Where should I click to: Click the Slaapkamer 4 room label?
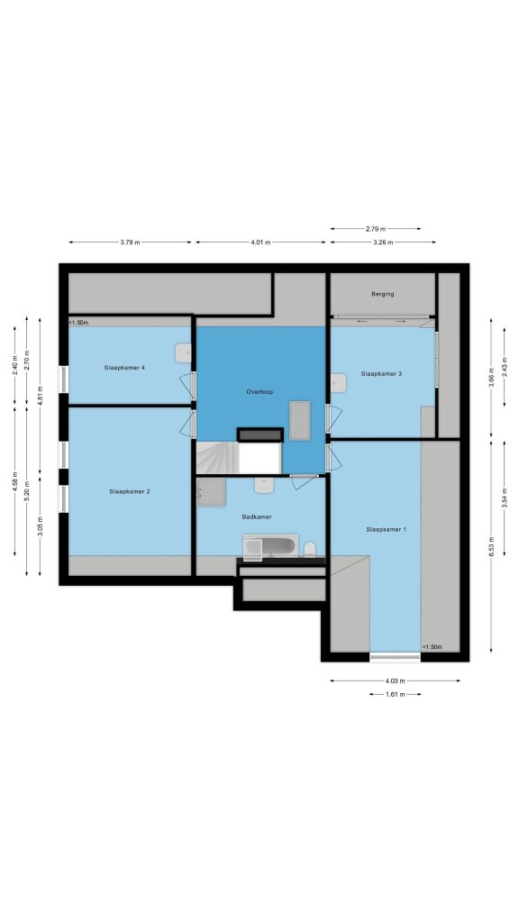click(124, 368)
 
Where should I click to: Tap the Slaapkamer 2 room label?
click(130, 491)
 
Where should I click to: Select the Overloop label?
click(259, 391)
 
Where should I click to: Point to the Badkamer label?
click(257, 516)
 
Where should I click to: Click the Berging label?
click(382, 294)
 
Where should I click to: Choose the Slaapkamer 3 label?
click(381, 373)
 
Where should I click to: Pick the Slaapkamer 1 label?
click(386, 529)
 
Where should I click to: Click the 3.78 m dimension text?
click(130, 242)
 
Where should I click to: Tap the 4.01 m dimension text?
click(260, 242)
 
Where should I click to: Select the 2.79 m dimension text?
click(376, 228)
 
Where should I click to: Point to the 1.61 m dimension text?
click(395, 695)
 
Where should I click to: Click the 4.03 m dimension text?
click(395, 681)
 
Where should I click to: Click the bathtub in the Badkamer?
click(270, 547)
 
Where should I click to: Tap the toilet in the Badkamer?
click(310, 551)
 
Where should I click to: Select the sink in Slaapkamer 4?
click(183, 353)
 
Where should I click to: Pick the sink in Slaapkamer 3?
click(339, 382)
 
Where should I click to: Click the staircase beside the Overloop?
click(218, 457)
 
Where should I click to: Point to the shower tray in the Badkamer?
click(211, 492)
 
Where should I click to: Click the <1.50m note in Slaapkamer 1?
click(432, 647)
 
